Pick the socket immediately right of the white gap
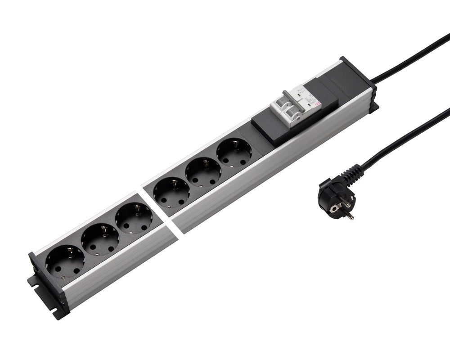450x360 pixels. [171, 192]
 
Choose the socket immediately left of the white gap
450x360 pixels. [134, 218]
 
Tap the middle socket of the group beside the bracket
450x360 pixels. [100, 240]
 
